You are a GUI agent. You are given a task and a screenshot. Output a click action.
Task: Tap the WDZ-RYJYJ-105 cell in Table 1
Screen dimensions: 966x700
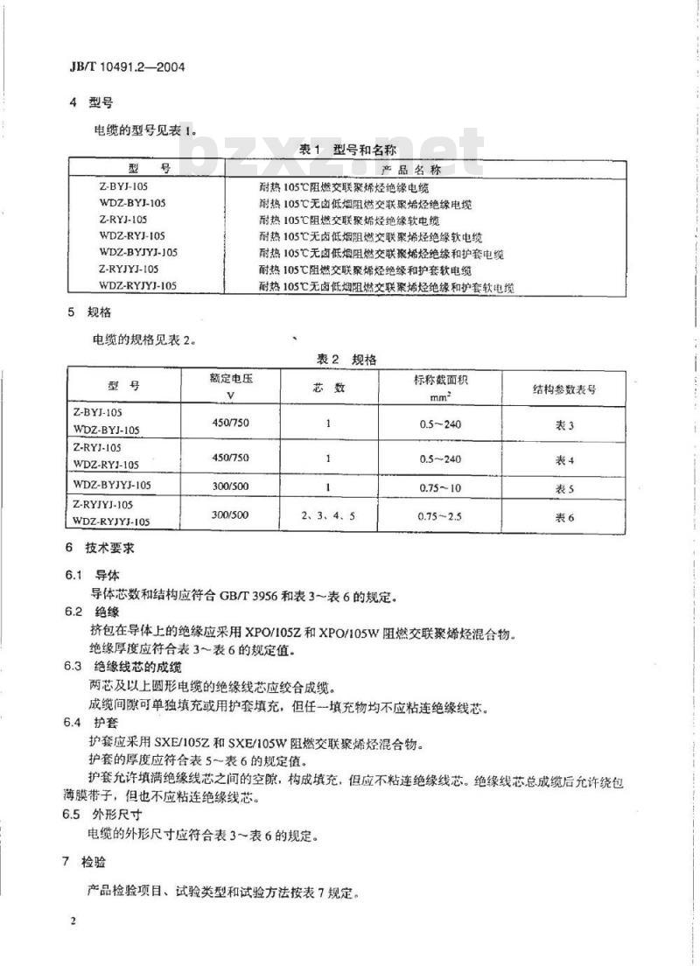pyautogui.click(x=137, y=285)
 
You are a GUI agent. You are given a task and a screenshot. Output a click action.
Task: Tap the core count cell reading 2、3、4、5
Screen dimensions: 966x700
pyautogui.click(x=327, y=514)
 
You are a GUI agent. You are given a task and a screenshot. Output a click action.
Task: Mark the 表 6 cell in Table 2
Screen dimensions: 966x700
pyautogui.click(x=565, y=516)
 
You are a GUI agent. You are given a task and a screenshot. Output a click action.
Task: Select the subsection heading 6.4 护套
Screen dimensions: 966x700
pyautogui.click(x=87, y=723)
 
